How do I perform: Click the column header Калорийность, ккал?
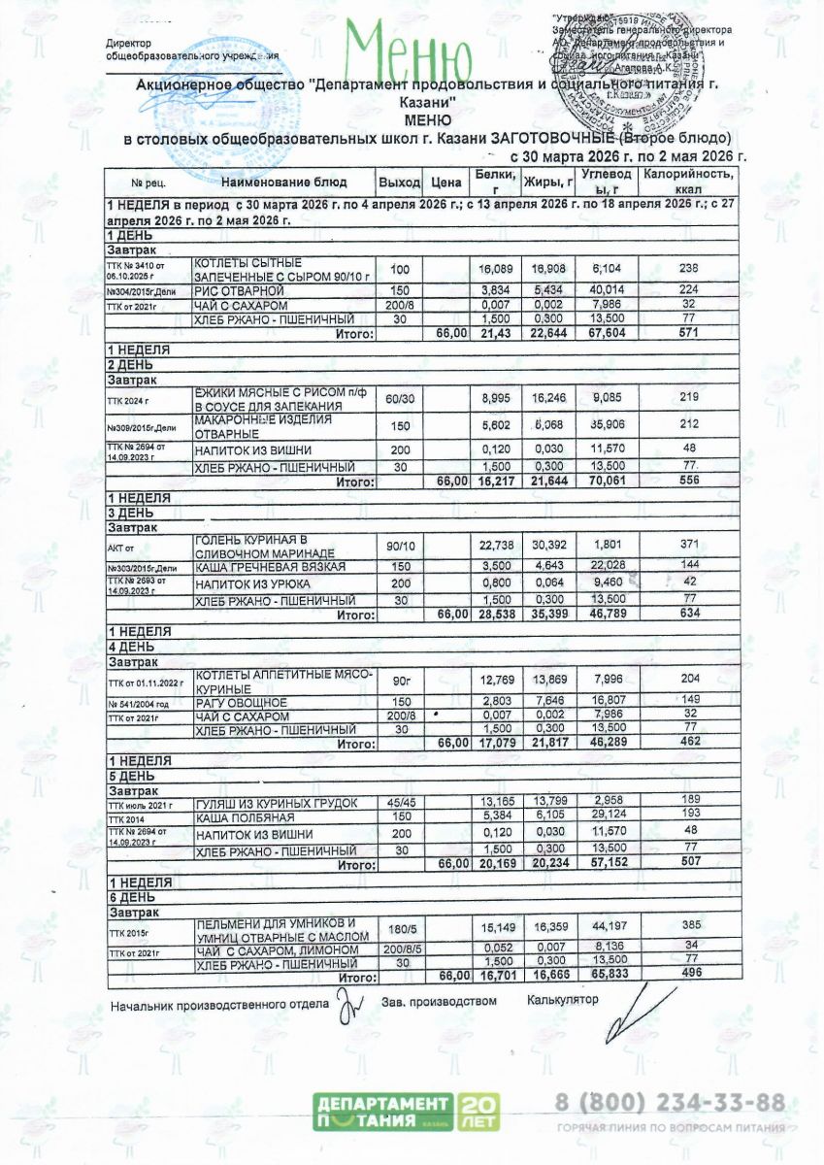tap(690, 181)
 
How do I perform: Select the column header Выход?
tap(399, 182)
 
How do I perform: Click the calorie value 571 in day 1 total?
tap(690, 333)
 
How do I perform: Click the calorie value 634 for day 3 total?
tap(690, 614)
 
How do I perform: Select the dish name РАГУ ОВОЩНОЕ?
tap(241, 702)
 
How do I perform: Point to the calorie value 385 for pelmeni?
tap(690, 929)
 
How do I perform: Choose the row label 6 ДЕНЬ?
tap(126, 898)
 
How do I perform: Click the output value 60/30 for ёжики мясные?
tap(399, 399)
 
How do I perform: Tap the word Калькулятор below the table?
tap(563, 999)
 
